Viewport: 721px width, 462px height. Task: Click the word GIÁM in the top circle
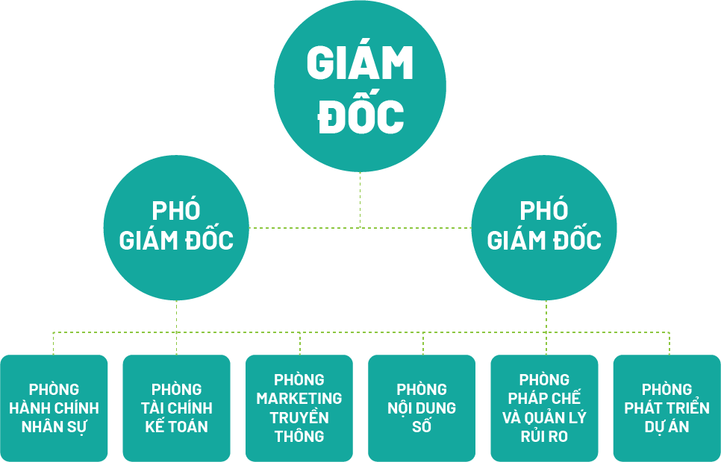point(360,64)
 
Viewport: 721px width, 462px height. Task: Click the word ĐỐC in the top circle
point(360,116)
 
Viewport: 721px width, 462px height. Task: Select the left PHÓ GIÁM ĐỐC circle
point(176,227)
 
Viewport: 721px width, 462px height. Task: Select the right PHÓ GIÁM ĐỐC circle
point(544,227)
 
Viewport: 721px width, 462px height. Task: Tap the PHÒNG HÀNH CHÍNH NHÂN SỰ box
point(54,408)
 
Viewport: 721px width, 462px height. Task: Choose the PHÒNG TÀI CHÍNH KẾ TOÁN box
point(176,408)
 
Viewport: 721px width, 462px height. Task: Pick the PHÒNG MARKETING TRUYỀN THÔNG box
point(299,408)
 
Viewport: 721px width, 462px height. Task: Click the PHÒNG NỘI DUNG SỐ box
point(422,408)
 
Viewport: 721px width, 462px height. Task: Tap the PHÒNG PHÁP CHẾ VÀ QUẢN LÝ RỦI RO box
point(544,408)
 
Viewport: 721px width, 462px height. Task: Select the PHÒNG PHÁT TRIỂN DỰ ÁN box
point(667,408)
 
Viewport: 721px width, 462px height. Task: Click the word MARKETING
point(299,399)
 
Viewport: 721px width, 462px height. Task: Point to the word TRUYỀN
point(299,417)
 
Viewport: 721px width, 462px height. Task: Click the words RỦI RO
point(544,437)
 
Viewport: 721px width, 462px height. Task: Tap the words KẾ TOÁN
point(176,427)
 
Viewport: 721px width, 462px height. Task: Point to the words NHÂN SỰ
point(54,427)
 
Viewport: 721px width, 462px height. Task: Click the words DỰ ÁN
point(667,427)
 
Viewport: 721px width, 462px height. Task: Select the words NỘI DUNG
point(422,408)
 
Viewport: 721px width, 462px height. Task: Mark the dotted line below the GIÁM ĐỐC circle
point(360,200)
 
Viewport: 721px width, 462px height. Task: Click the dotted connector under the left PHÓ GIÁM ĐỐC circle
point(176,316)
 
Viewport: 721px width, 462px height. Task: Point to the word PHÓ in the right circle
point(544,211)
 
